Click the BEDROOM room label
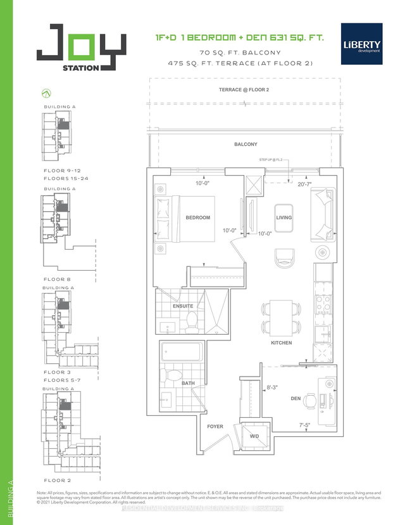[197, 217]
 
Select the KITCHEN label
[281, 342]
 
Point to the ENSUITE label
[183, 306]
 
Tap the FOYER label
[215, 427]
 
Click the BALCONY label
[246, 145]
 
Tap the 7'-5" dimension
[306, 426]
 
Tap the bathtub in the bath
[182, 352]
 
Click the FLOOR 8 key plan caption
[56, 280]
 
